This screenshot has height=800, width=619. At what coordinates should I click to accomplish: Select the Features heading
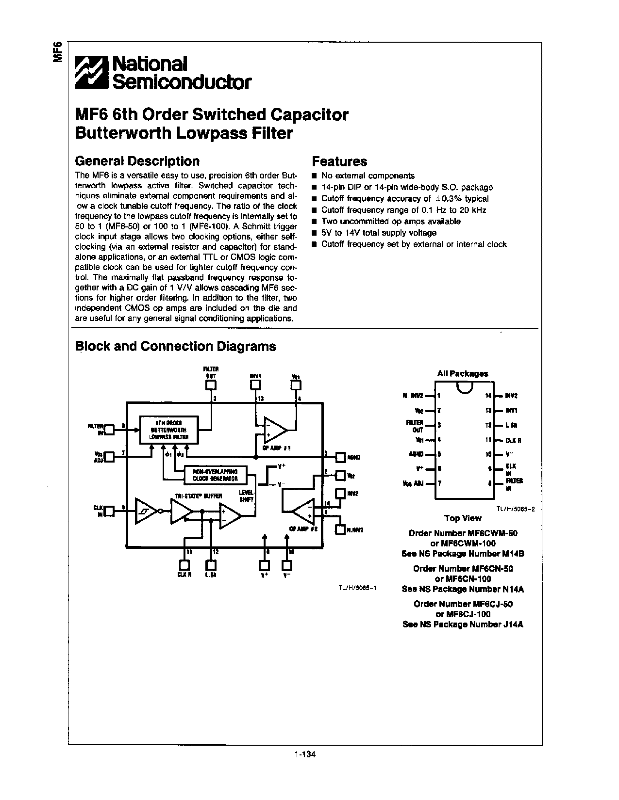pyautogui.click(x=339, y=161)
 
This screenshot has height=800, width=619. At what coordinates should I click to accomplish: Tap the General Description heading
pyautogui.click(x=137, y=161)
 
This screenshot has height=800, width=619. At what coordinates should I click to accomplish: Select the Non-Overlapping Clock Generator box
pyautogui.click(x=215, y=474)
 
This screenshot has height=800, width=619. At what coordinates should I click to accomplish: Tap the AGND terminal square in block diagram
pyautogui.click(x=341, y=457)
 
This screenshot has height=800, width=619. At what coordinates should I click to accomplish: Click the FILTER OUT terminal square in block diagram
pyautogui.click(x=211, y=384)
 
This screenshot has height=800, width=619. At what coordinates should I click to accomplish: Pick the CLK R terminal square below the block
pyautogui.click(x=184, y=565)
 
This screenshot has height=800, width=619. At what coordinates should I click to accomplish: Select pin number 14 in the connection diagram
pyautogui.click(x=488, y=396)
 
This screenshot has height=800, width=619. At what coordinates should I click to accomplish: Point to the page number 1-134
pyautogui.click(x=305, y=754)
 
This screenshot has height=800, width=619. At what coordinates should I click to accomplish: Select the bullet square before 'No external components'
pyautogui.click(x=315, y=176)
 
